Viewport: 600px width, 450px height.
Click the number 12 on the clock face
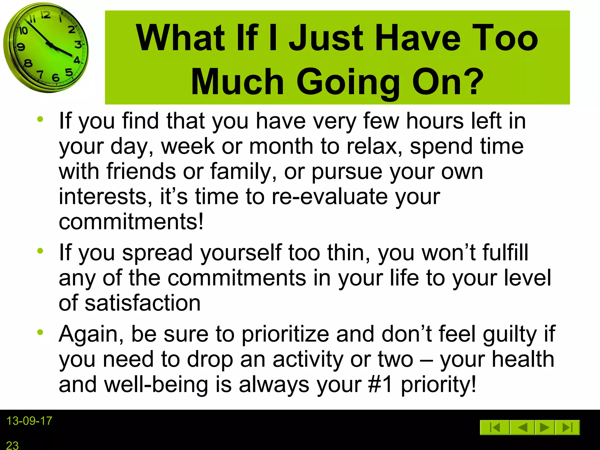(45, 15)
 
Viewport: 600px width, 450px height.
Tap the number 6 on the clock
(55, 78)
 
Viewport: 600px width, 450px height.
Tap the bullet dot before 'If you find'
(40, 119)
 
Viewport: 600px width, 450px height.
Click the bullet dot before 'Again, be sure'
(40, 332)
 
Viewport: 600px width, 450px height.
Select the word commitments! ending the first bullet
(131, 221)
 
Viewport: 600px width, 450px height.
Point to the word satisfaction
(143, 303)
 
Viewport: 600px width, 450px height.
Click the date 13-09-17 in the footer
(29, 421)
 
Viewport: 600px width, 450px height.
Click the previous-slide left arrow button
(522, 427)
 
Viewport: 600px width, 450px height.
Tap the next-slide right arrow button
(544, 427)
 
